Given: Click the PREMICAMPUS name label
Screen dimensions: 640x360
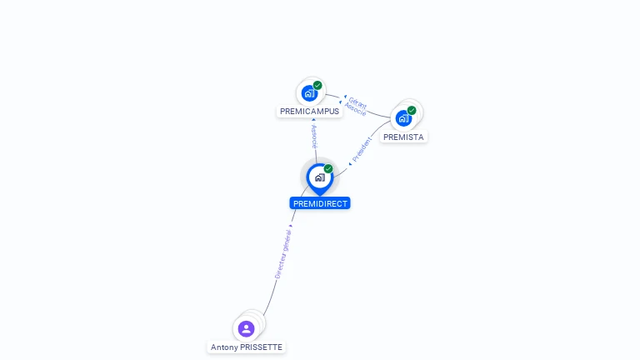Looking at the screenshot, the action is click(309, 112).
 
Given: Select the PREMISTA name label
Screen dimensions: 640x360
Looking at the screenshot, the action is click(403, 137).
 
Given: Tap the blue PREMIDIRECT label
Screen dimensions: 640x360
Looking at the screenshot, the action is click(320, 203).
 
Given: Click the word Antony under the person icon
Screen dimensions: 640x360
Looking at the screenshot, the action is click(224, 347).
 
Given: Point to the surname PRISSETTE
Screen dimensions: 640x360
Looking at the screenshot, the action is click(261, 347).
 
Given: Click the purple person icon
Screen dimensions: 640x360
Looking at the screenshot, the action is click(246, 328).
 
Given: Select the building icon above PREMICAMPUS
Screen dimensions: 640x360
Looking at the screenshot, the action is click(309, 92).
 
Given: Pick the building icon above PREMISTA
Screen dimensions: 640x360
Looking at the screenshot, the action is click(403, 118).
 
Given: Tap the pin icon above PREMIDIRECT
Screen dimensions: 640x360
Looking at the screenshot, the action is click(319, 177).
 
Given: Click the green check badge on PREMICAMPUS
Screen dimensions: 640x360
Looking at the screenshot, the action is click(317, 85).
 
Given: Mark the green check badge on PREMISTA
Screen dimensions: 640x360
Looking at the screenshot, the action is click(412, 110).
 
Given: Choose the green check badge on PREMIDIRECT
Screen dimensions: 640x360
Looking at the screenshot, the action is click(328, 169).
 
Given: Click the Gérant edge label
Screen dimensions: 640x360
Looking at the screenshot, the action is click(358, 102).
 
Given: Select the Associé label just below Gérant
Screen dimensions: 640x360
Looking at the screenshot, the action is click(356, 110).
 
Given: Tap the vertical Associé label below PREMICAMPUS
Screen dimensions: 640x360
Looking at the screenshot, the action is click(313, 137).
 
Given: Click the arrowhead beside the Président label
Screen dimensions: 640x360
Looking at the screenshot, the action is click(350, 163).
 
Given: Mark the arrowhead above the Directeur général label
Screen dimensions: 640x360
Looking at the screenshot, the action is click(290, 226).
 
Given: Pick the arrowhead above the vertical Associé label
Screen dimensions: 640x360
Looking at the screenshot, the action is click(313, 120).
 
